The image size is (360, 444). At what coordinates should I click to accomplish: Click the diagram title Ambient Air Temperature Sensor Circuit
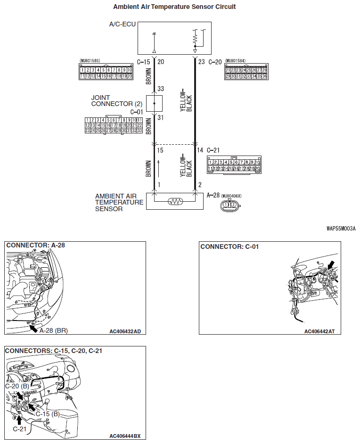pos(174,7)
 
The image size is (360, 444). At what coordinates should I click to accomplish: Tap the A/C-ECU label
pos(122,24)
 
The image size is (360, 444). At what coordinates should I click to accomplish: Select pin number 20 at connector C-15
pos(161,62)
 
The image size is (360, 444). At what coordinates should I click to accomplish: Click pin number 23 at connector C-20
pos(201,62)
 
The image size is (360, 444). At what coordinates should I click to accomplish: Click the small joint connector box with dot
pos(155,102)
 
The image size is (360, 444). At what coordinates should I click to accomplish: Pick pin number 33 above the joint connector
pos(161,89)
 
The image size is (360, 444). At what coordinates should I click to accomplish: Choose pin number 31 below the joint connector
pos(161,118)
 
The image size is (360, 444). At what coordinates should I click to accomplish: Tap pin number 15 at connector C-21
pos(161,150)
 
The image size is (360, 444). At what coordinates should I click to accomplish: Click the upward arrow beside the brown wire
pos(159,167)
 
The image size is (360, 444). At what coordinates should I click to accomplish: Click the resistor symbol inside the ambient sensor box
pos(175,201)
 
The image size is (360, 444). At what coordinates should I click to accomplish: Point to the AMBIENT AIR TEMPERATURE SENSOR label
pos(119,202)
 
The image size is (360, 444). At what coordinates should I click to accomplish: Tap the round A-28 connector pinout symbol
pos(229,205)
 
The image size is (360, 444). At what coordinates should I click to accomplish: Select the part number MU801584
pos(237,61)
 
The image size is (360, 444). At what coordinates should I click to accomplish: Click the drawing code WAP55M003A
pos(341,229)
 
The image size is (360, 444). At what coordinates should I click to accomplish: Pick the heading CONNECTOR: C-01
pos(229,247)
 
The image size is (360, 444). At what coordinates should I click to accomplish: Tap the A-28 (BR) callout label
pos(54,331)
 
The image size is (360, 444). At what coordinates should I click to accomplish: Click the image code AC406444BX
pos(125,436)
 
